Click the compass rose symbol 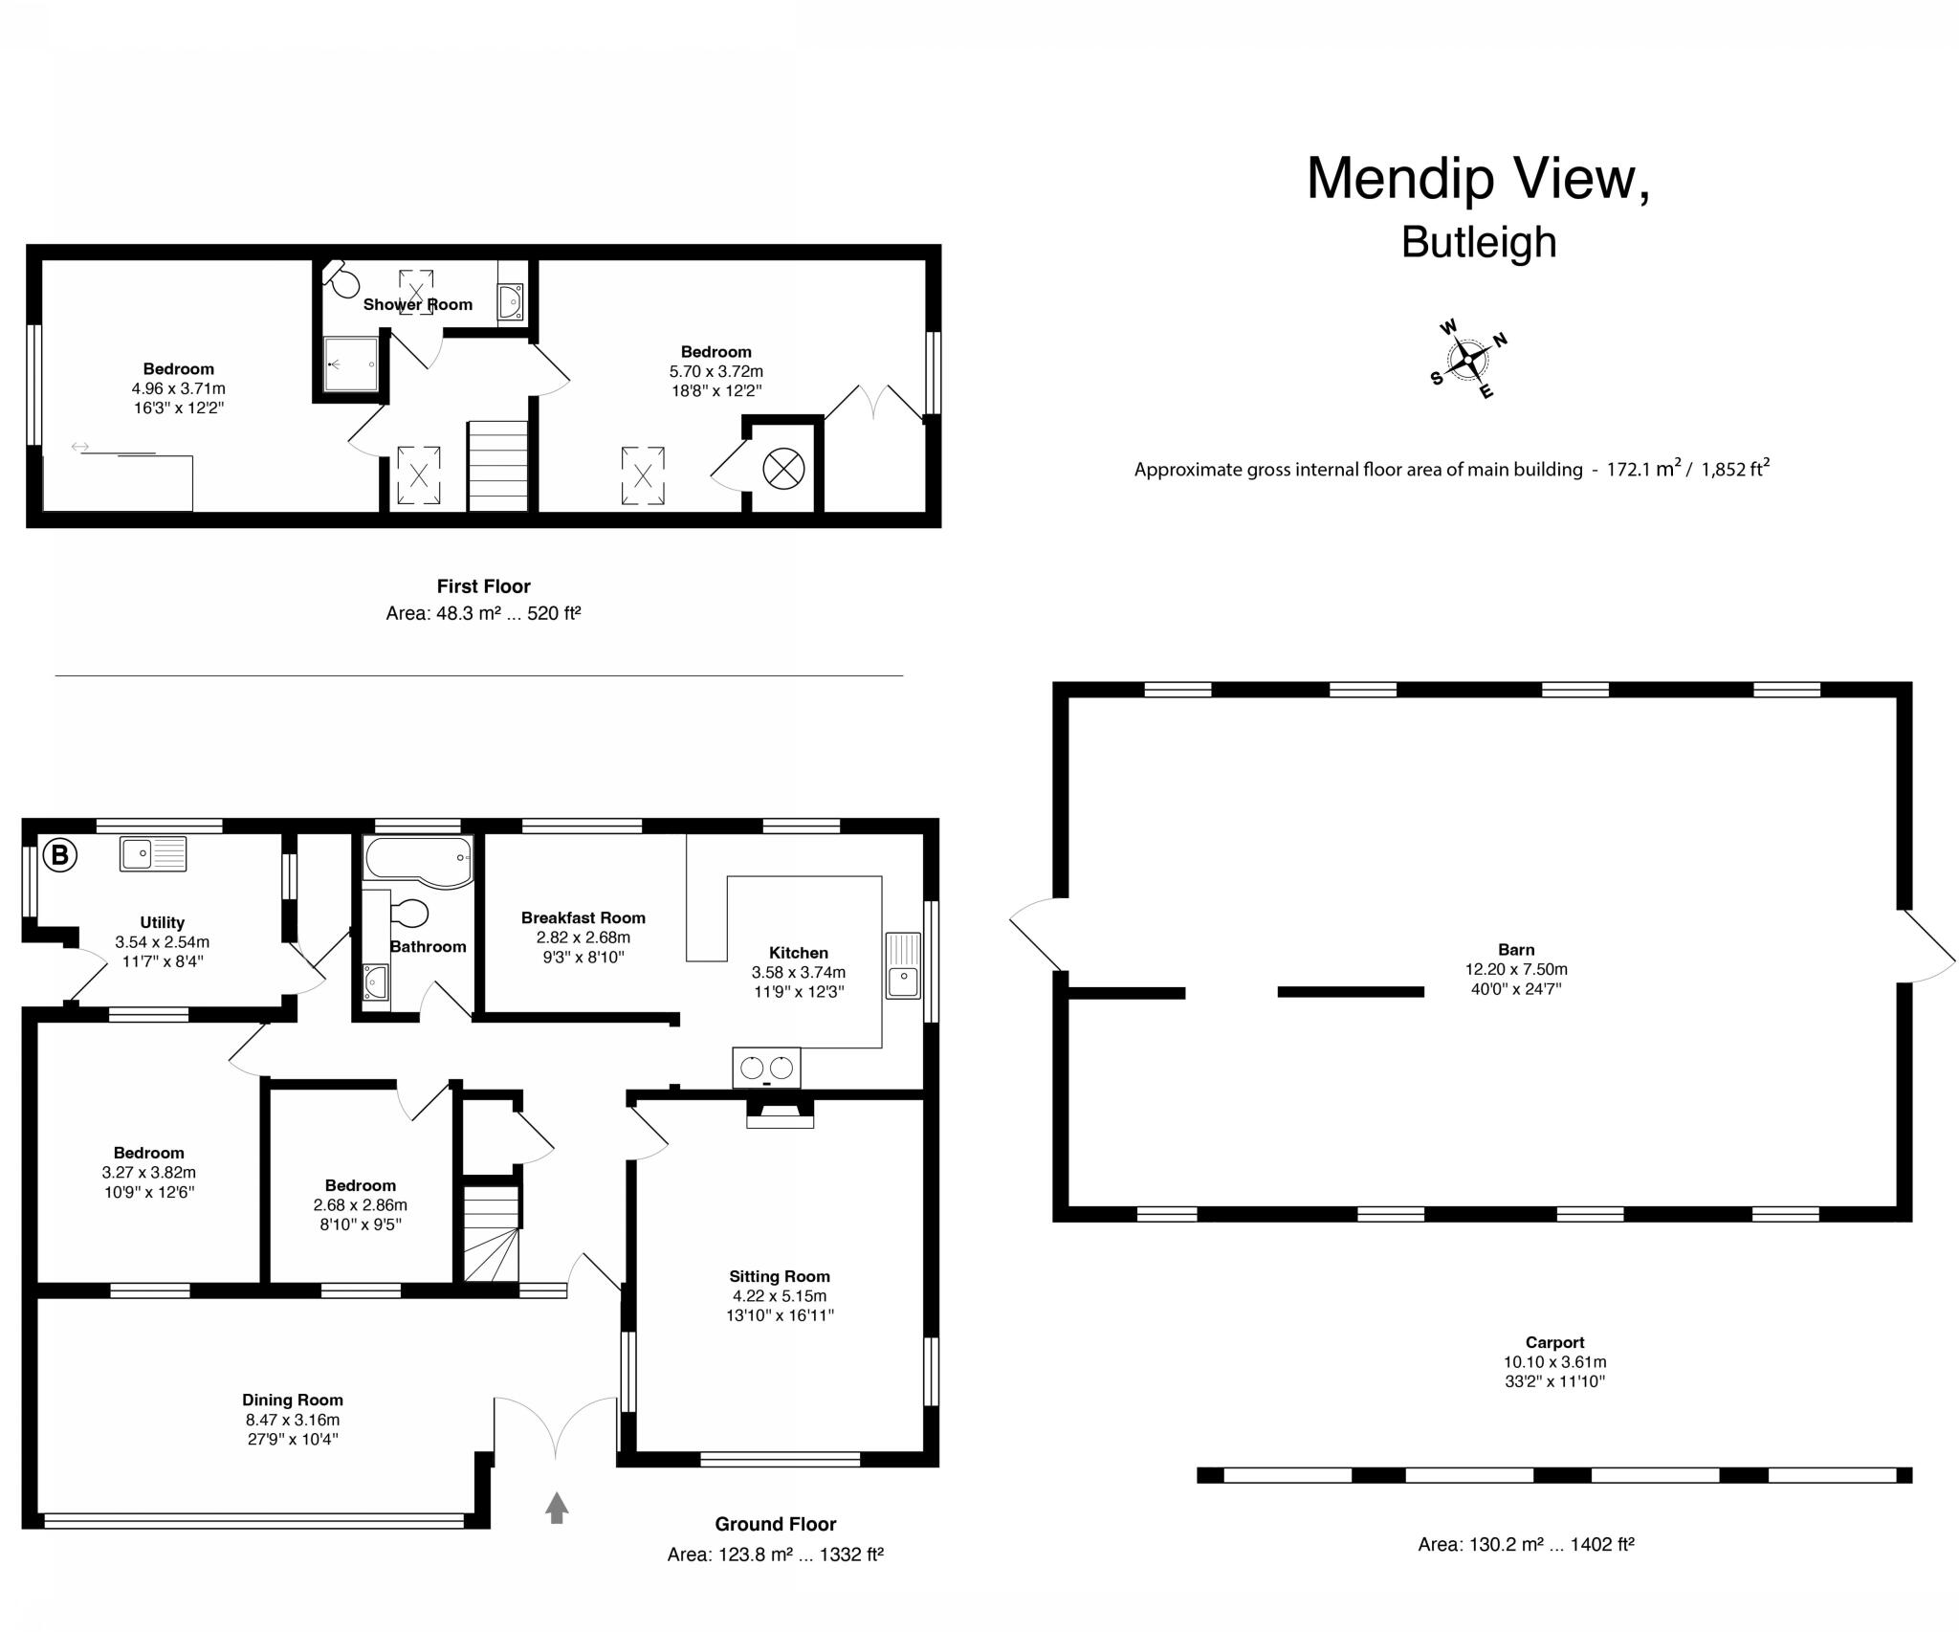[1468, 360]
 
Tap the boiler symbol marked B [59, 854]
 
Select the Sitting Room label [779, 1276]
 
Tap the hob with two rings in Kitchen [766, 1068]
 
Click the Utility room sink [152, 853]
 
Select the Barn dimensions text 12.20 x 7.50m [1515, 969]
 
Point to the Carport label [1554, 1342]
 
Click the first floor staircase [497, 466]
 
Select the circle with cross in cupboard [783, 469]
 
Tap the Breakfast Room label [583, 917]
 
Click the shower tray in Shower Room [351, 364]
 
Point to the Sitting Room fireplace [780, 1114]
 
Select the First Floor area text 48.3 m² [483, 613]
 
